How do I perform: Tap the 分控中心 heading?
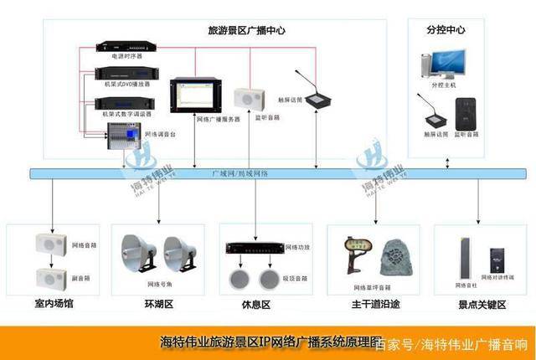click(x=445, y=30)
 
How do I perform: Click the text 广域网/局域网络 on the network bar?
click(x=240, y=173)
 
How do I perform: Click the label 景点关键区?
click(x=483, y=304)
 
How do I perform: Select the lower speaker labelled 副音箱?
click(x=50, y=276)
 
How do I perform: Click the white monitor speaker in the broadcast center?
click(x=249, y=98)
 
